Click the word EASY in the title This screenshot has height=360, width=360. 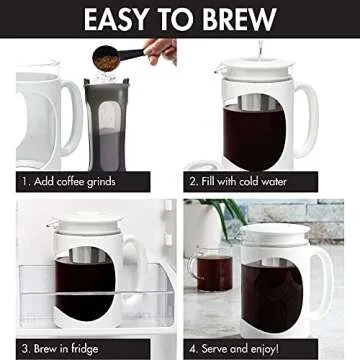[x=123, y=21]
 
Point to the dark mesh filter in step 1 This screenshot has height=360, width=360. [x=108, y=125]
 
